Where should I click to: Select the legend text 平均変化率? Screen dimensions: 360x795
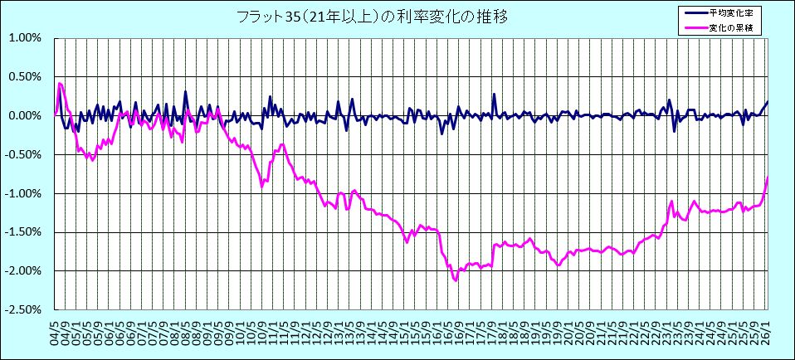click(x=731, y=13)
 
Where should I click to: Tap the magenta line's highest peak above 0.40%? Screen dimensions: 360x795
click(x=59, y=83)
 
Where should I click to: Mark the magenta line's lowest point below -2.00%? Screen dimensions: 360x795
click(x=456, y=280)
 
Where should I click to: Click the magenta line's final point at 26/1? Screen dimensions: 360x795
click(x=768, y=177)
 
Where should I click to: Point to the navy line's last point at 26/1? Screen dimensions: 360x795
click(x=768, y=102)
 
